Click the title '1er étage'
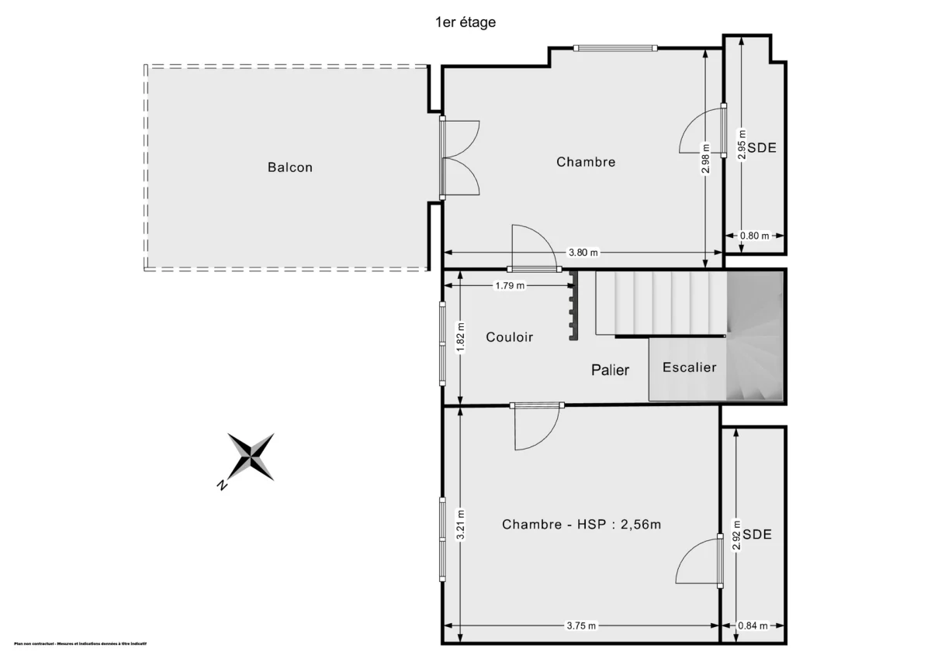465,22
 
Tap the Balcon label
290,167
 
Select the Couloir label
510,337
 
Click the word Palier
611,370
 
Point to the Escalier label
689,367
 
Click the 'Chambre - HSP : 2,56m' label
581,525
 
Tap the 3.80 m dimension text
583,253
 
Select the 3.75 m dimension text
581,625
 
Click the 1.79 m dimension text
510,285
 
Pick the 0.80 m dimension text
754,236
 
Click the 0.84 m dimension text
753,625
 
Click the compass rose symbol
251,456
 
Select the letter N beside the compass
222,485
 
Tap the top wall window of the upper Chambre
615,48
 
